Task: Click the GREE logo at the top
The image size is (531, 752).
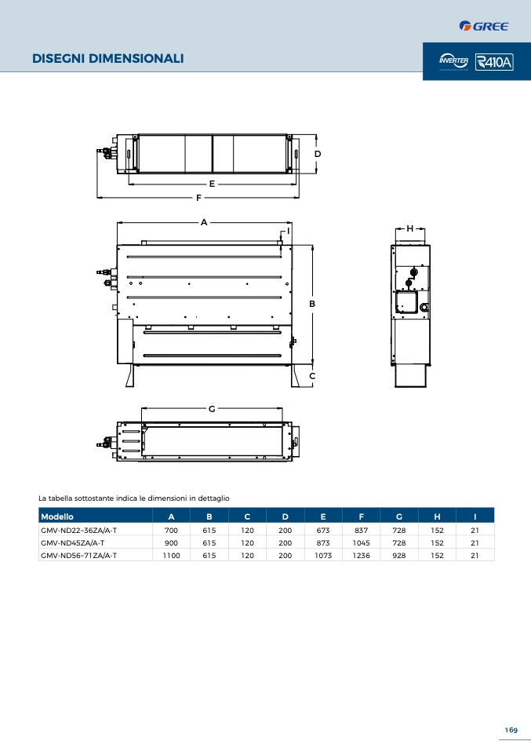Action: (484, 26)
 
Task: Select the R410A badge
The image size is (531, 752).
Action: (494, 62)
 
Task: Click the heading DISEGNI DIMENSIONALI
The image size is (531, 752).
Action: (107, 59)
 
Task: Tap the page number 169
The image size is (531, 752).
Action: (511, 730)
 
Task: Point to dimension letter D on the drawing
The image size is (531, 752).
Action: (317, 154)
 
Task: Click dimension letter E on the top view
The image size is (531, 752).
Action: (212, 184)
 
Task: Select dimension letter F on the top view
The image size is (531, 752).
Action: (198, 198)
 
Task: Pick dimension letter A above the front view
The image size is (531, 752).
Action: (204, 222)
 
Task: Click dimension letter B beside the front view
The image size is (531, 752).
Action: (312, 304)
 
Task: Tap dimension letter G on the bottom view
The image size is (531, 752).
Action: (212, 409)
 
